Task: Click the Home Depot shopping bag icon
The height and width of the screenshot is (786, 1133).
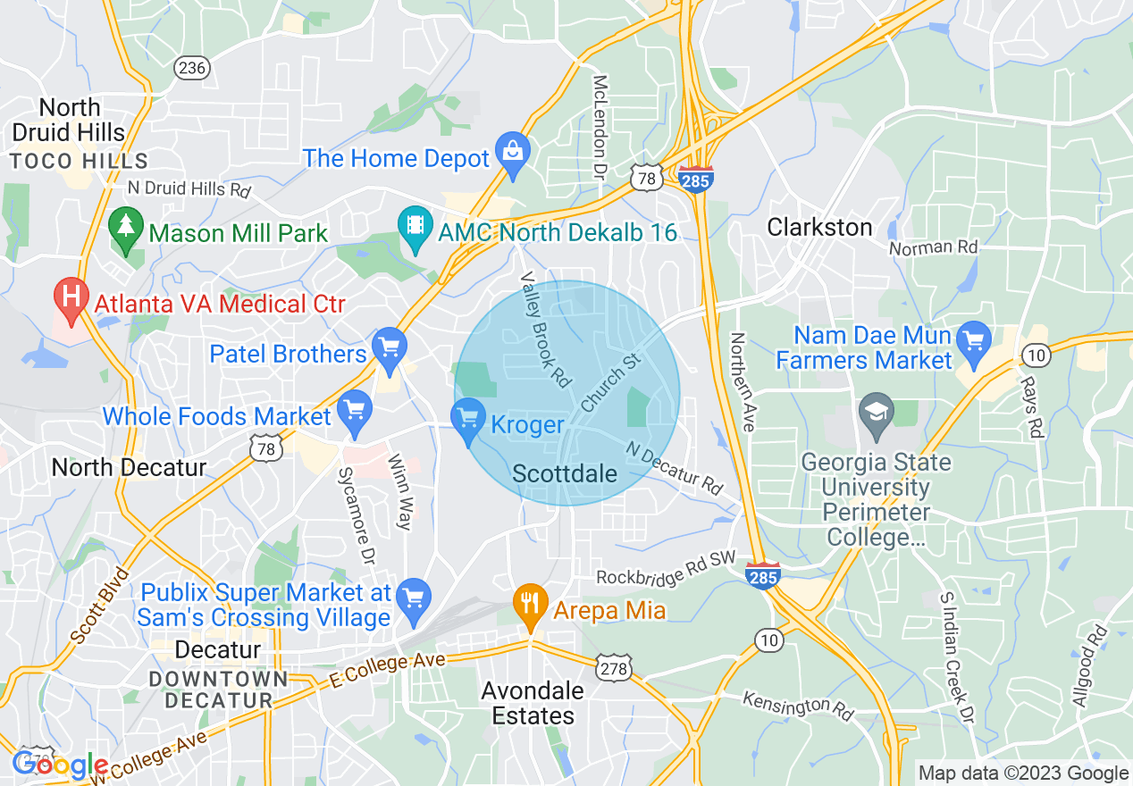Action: [x=513, y=151]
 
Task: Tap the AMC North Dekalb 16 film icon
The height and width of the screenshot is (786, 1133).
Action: [x=415, y=224]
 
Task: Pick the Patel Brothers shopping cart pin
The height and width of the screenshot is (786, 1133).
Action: [x=389, y=346]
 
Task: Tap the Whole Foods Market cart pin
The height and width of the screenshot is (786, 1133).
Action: [x=356, y=410]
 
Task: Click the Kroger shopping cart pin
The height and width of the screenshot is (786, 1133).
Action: [x=467, y=417]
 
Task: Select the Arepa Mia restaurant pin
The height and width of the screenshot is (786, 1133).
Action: [x=531, y=603]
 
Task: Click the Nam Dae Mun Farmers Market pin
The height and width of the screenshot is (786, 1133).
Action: [x=973, y=339]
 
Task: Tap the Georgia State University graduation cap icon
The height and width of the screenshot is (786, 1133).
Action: [x=876, y=413]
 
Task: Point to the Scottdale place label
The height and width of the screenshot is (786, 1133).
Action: [x=565, y=473]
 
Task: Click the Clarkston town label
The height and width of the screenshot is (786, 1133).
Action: [x=819, y=227]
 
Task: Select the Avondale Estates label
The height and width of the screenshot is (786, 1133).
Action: [x=528, y=703]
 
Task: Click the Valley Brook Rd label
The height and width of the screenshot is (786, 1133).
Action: [x=546, y=330]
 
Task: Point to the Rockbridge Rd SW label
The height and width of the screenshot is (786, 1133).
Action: [x=666, y=569]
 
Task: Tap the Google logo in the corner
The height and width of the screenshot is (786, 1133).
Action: [x=61, y=765]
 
